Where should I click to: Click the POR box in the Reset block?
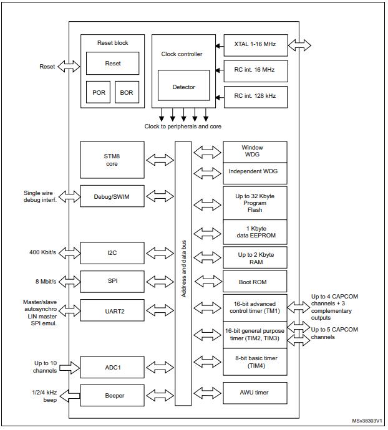pos(99,93)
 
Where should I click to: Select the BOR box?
pos(127,93)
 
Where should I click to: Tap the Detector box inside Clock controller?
pos(183,87)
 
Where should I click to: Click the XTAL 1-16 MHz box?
pos(255,45)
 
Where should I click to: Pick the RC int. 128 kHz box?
pos(255,97)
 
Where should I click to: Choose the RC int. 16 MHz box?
pos(255,71)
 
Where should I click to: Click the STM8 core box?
pos(112,160)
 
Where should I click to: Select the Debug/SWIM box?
pos(112,196)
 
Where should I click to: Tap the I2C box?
pos(112,253)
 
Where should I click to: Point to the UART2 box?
pos(112,310)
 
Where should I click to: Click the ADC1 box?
pos(112,367)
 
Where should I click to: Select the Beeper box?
pos(112,395)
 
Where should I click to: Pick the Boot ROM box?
pos(255,282)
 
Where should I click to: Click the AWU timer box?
pos(255,393)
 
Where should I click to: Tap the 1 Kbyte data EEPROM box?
pos(255,232)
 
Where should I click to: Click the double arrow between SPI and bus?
pos(159,282)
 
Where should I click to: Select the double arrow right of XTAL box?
pos(300,45)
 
